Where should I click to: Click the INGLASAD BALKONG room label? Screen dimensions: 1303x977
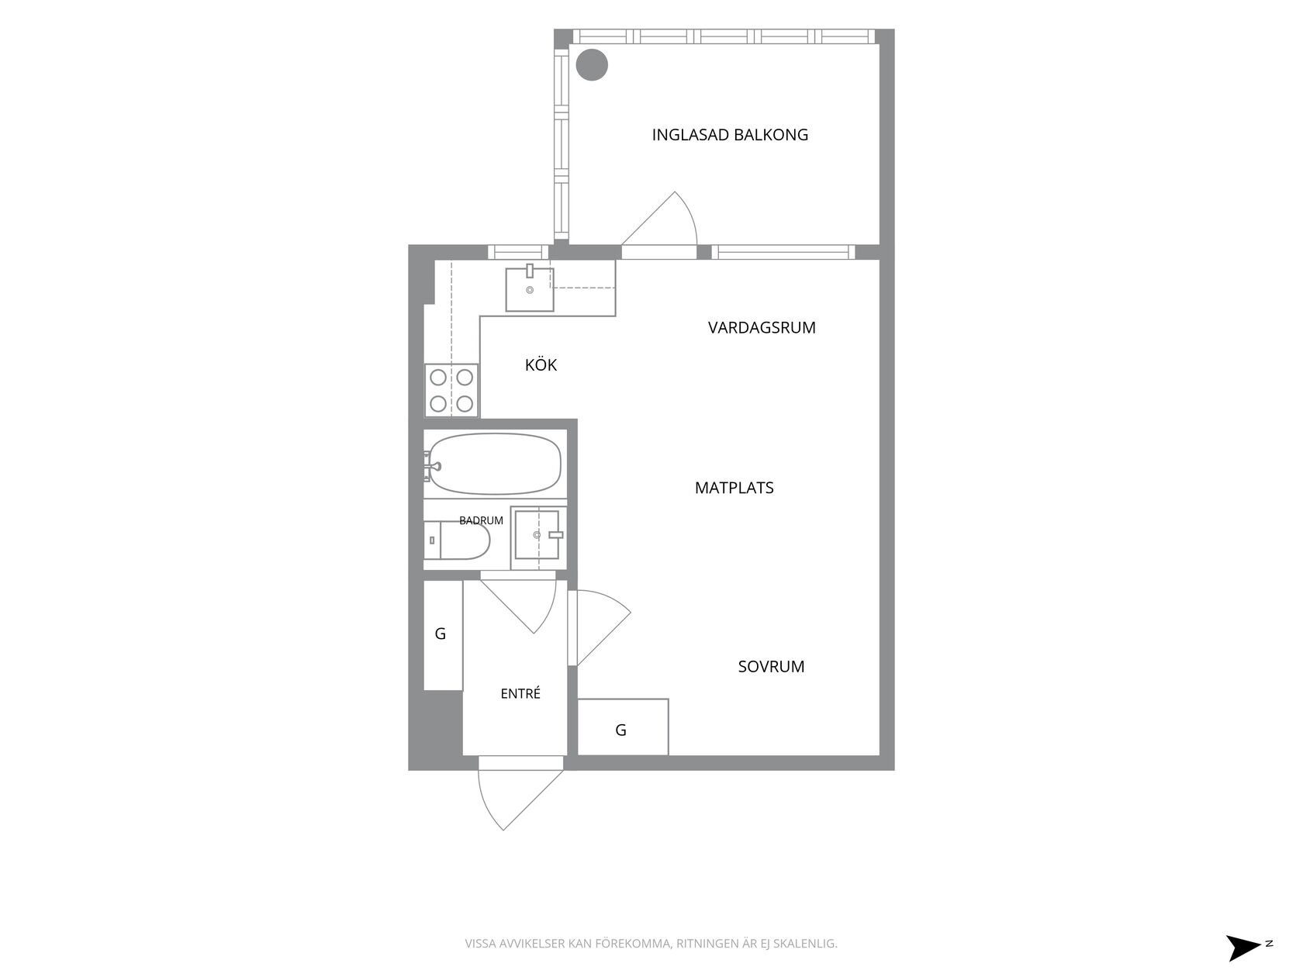point(730,135)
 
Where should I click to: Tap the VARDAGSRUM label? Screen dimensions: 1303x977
point(762,327)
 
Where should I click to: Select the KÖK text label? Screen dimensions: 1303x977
point(541,364)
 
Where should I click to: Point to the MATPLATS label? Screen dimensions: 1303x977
point(734,488)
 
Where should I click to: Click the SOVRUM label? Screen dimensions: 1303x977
point(771,666)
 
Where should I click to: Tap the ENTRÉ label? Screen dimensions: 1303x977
point(520,693)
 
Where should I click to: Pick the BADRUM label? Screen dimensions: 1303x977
point(481,520)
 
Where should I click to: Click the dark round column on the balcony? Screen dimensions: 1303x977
point(592,64)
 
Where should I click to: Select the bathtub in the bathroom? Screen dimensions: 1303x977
point(494,464)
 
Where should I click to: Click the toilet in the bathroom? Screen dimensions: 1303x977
point(457,540)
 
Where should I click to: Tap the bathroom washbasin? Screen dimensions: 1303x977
point(537,534)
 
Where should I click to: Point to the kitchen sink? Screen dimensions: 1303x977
point(530,288)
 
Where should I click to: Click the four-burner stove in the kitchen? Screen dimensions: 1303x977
point(451,390)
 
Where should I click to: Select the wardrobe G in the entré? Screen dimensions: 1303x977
point(443,635)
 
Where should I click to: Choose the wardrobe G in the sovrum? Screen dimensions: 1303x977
point(623,727)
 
